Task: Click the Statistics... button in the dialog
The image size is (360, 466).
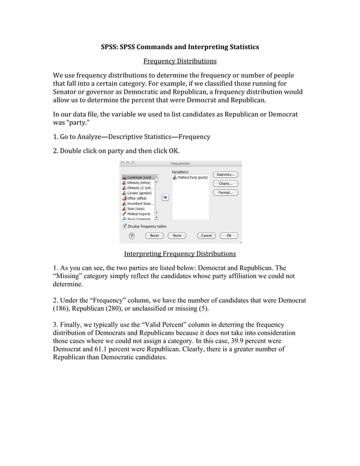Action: (225, 175)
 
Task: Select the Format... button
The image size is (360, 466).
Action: (225, 192)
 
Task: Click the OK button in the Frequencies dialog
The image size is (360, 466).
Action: (229, 235)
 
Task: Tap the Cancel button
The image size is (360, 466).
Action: (207, 235)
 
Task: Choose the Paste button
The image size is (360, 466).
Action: (177, 235)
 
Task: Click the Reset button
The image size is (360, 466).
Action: (153, 235)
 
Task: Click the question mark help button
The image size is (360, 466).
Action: (132, 235)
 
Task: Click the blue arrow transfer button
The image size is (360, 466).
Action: (165, 197)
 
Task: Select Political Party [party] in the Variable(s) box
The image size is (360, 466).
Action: (192, 177)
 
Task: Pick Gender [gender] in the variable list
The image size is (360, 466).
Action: (139, 193)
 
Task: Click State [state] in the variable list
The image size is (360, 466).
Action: (135, 209)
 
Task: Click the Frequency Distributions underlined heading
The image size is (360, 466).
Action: (179, 61)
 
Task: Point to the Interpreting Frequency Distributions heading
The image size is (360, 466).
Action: (179, 253)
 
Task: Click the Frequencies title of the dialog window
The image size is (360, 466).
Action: (180, 164)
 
